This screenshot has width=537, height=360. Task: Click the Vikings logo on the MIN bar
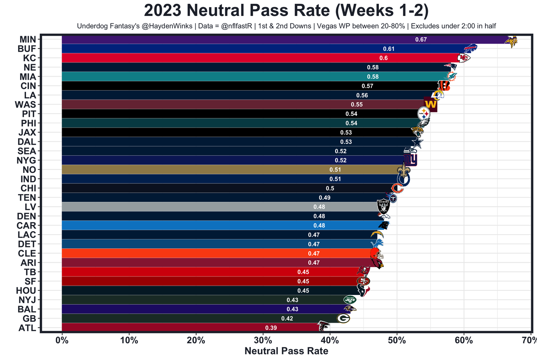(x=511, y=41)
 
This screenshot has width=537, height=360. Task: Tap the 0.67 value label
(x=421, y=39)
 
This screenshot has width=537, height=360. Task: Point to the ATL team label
(x=28, y=328)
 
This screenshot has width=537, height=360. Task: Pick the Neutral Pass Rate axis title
(x=286, y=351)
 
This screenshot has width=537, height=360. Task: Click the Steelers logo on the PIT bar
(x=424, y=113)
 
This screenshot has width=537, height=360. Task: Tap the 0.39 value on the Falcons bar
(x=271, y=328)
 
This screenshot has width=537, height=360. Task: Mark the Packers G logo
(x=343, y=318)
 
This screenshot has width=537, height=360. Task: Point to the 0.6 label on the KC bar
(x=383, y=58)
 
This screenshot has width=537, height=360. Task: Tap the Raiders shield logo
(x=383, y=206)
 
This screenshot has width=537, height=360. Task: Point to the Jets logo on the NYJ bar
(x=349, y=300)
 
